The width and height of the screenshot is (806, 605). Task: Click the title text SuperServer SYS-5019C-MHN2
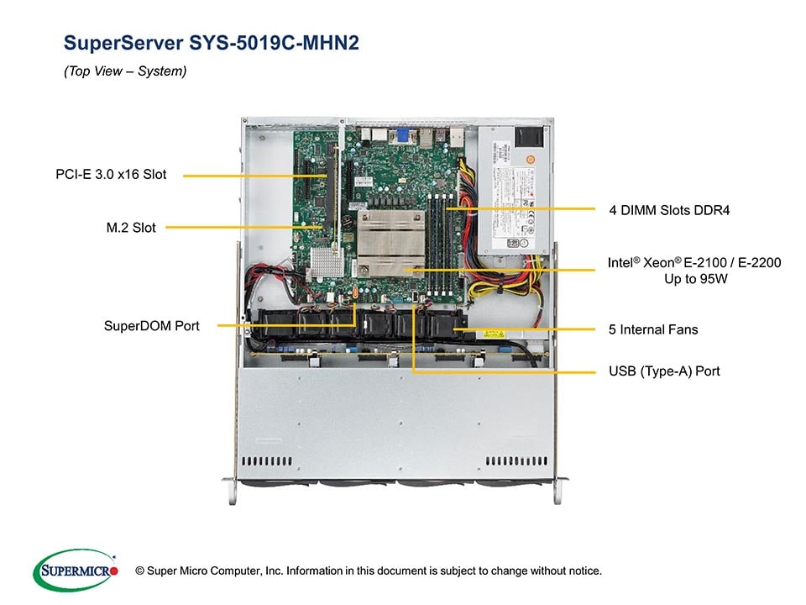coord(212,43)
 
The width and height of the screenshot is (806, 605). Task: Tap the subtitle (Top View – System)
coord(125,71)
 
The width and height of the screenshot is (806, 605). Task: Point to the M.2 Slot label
coord(126,227)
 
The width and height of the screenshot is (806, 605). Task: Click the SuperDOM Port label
coord(152,325)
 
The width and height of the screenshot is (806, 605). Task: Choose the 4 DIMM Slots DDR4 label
coord(669,210)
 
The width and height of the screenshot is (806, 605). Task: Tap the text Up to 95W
coord(695,279)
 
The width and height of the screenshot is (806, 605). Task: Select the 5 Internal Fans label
coord(653,329)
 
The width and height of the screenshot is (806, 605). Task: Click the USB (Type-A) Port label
coord(664,371)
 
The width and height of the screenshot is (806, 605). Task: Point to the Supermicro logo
coord(75,570)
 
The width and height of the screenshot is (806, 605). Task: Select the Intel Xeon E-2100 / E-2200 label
coord(694,263)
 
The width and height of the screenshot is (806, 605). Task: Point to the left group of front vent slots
coord(270,461)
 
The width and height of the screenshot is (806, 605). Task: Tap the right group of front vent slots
coord(516,461)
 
